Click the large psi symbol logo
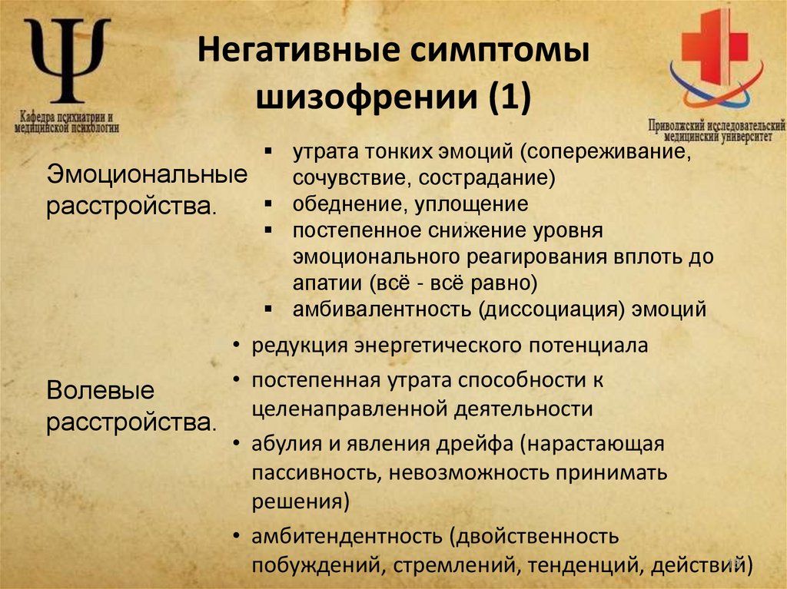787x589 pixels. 68,61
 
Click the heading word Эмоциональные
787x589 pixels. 147,174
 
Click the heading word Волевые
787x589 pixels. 101,390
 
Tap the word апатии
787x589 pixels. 328,283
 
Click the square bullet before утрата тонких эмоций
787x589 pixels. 267,151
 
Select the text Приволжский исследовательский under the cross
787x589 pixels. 716,123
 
